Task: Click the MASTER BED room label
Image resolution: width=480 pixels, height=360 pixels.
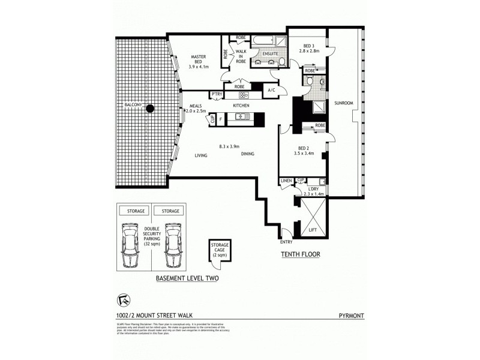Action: [198, 57]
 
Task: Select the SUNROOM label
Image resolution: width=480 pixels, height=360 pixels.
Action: [344, 103]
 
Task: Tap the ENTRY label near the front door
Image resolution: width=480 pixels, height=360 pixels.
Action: [286, 242]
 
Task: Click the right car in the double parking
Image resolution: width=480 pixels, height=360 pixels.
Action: [173, 245]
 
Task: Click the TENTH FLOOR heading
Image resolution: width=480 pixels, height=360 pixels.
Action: [301, 254]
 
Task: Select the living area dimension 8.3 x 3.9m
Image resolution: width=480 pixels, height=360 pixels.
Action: [229, 146]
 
